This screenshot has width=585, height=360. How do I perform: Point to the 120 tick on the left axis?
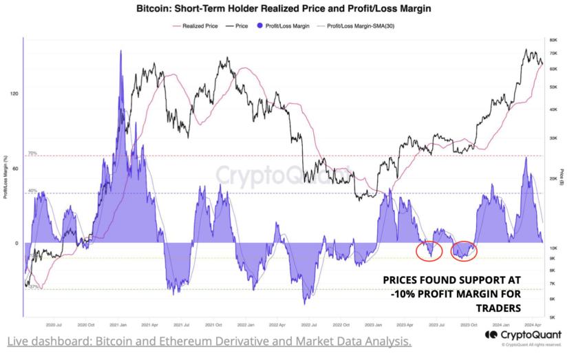click(14, 94)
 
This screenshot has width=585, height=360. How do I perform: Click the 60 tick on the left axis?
click(15, 168)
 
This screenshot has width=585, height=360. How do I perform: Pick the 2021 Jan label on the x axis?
click(118, 324)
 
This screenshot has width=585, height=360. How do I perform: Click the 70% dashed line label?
click(32, 153)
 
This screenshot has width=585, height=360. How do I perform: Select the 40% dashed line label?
click(32, 190)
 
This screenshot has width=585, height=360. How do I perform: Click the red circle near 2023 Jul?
click(429, 250)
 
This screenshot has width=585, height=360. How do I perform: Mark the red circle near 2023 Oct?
click(464, 251)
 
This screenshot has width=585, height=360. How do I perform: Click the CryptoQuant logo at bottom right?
click(523, 335)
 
